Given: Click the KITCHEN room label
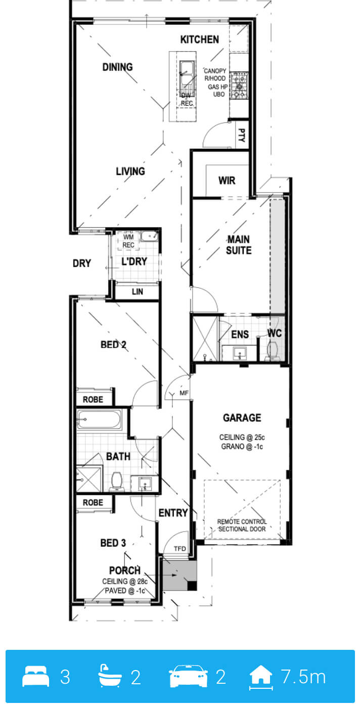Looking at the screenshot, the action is click(x=199, y=39).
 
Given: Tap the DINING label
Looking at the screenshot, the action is click(x=117, y=67).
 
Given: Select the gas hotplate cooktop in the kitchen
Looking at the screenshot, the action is click(x=239, y=85).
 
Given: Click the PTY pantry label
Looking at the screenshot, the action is click(x=241, y=135).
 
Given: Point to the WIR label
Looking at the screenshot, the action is click(x=227, y=181).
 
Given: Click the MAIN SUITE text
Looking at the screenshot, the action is click(x=239, y=245).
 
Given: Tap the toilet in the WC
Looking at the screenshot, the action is click(x=272, y=351).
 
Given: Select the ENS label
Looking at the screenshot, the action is click(x=240, y=334).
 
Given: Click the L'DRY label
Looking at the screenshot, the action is click(x=134, y=261).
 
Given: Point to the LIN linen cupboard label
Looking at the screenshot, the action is click(x=137, y=292).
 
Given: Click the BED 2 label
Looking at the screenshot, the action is click(x=113, y=344).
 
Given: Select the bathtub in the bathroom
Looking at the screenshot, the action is click(x=99, y=419).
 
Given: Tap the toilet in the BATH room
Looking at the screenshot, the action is click(x=117, y=481).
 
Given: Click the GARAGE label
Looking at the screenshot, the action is click(x=242, y=418).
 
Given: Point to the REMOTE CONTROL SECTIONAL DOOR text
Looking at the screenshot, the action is click(x=242, y=525).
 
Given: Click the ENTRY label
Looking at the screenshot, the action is click(x=173, y=513).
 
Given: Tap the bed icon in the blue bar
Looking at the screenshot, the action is click(x=36, y=676).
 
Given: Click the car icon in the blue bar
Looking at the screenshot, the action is click(x=189, y=676).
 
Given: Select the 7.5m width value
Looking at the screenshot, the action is click(x=303, y=677).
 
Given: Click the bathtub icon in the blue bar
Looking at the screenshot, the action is click(x=109, y=676).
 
